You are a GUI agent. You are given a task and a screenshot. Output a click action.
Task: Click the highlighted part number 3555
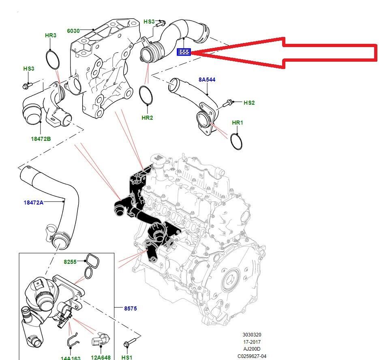pos(184,52)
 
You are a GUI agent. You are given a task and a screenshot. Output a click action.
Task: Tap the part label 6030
pos(73,30)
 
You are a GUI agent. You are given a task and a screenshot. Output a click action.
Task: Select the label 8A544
pos(207,80)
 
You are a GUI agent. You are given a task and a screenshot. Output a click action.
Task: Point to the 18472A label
pos(33,202)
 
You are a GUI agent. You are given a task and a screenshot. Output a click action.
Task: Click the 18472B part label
pos(41,139)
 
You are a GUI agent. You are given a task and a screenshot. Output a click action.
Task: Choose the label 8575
pos(131,308)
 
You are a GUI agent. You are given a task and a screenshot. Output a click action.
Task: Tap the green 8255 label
pos(70,262)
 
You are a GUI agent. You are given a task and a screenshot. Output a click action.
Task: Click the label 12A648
pos(101,358)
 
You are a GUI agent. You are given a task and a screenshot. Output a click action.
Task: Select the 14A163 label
pos(70,358)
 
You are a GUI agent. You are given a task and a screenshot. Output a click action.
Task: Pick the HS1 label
pos(127,357)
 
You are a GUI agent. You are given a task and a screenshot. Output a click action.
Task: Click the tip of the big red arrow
pos(192,52)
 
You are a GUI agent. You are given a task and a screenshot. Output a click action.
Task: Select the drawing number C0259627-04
pos(252,356)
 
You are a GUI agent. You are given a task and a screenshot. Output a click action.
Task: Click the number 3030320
pos(252,335)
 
